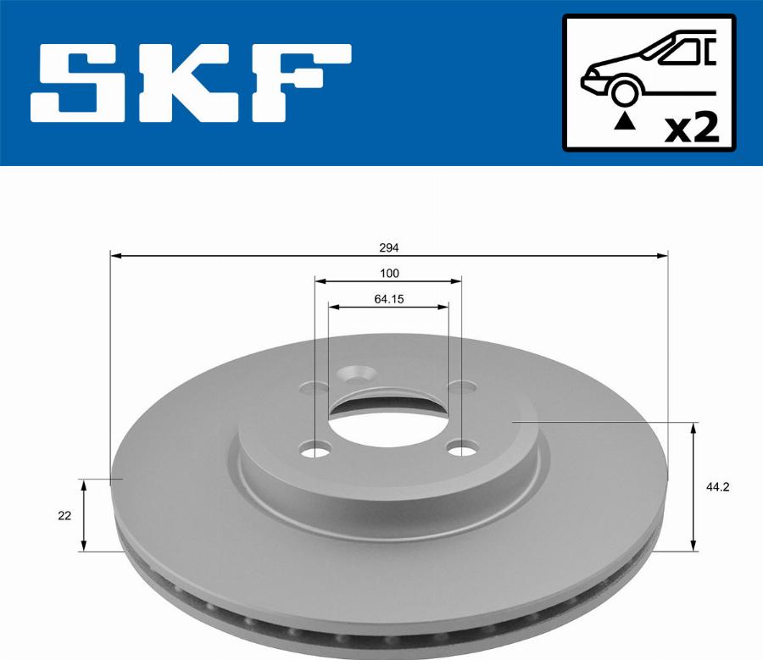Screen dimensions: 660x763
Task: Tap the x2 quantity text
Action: pyautogui.click(x=691, y=128)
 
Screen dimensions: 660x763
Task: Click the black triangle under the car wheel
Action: pyautogui.click(x=624, y=120)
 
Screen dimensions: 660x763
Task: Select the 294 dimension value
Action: pyautogui.click(x=389, y=248)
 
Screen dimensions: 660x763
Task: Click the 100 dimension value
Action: pyautogui.click(x=389, y=274)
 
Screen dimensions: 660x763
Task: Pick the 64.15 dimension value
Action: pyautogui.click(x=389, y=299)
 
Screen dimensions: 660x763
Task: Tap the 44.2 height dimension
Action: pyautogui.click(x=718, y=486)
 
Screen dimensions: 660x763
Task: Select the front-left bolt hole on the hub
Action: pyautogui.click(x=317, y=449)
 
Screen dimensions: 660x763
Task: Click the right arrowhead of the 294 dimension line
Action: pyautogui.click(x=662, y=254)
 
